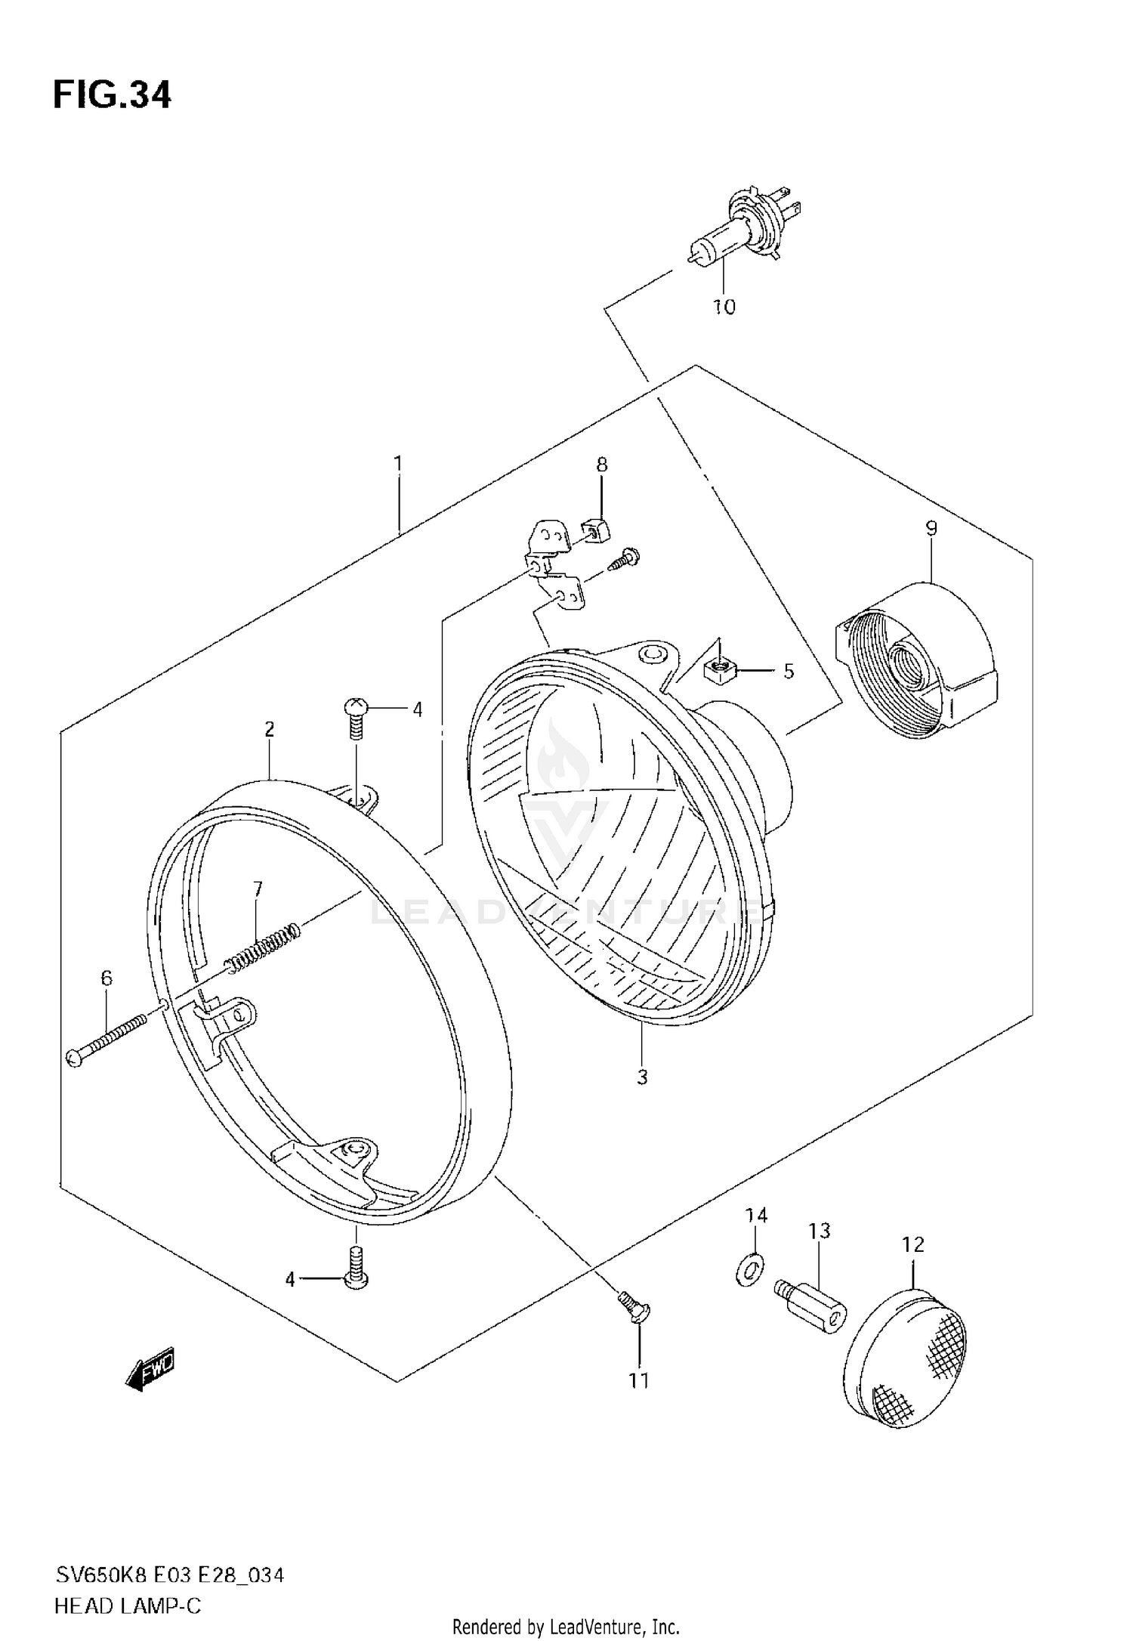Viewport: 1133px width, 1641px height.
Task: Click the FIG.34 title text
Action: [x=112, y=96]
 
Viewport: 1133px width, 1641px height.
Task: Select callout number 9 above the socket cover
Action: [x=931, y=528]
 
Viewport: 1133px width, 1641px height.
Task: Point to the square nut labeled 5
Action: [x=718, y=668]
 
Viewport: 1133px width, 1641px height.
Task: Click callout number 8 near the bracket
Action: [x=601, y=465]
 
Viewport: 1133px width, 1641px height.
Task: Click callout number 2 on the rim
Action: [x=269, y=729]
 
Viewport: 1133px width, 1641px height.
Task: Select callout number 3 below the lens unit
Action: [x=641, y=1077]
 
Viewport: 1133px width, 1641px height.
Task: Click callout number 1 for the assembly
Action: [x=397, y=463]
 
